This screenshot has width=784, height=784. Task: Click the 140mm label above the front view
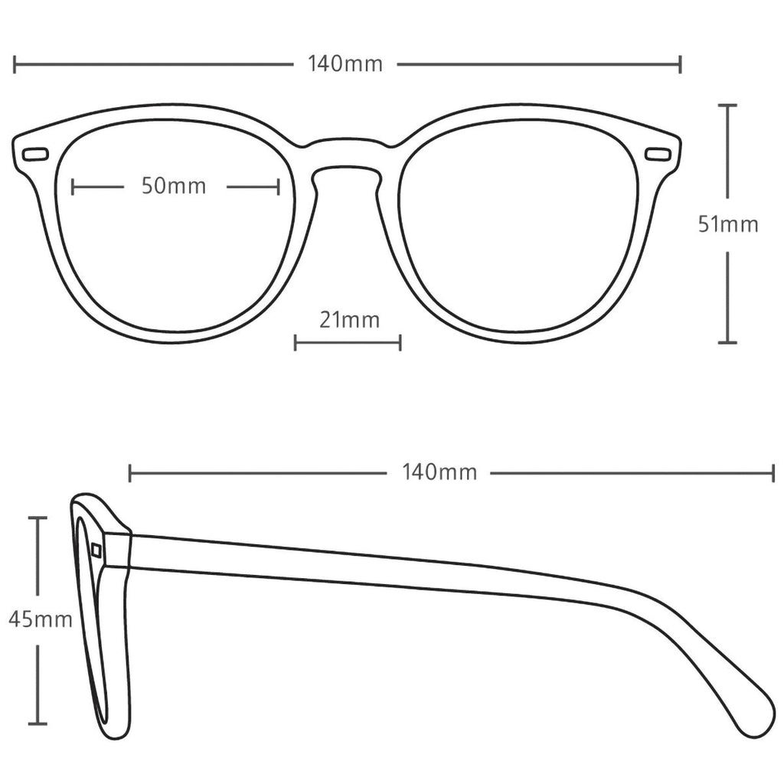click(345, 64)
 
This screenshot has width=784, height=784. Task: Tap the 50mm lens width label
click(174, 186)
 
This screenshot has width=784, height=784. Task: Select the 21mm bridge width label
click(349, 320)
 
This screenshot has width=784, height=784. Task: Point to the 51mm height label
click(728, 224)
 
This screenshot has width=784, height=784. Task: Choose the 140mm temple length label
click(439, 472)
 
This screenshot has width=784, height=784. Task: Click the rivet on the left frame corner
click(35, 155)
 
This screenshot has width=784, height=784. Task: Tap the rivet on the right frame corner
click(658, 155)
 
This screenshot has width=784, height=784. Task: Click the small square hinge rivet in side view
click(96, 550)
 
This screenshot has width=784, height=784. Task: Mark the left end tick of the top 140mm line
click(15, 64)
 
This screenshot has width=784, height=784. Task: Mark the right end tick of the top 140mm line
click(680, 64)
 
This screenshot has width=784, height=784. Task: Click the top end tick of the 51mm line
click(727, 105)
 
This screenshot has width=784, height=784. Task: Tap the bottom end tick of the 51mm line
click(727, 342)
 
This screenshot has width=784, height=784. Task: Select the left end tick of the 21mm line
click(296, 343)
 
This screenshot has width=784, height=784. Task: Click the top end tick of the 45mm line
click(38, 518)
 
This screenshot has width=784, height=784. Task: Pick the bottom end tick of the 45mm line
click(38, 723)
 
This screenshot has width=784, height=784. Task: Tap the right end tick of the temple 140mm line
click(773, 473)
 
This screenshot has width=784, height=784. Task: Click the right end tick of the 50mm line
click(279, 187)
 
